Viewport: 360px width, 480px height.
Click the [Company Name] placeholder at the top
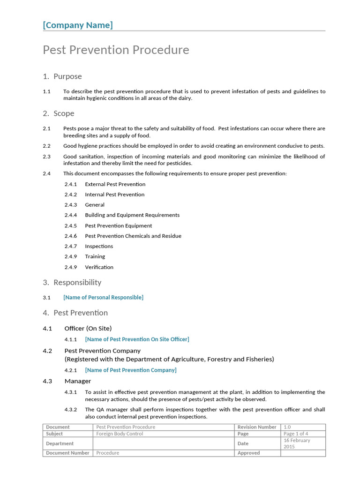click(x=78, y=25)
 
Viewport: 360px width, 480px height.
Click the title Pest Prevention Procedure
click(x=116, y=50)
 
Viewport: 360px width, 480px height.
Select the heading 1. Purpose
click(x=62, y=76)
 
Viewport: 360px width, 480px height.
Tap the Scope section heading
click(x=59, y=113)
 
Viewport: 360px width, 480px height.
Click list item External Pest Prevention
click(x=115, y=184)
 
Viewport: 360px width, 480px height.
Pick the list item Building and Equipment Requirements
click(x=132, y=215)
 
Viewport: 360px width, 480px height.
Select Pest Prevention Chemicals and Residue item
click(x=133, y=236)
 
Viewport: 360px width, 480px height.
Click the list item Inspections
click(x=99, y=246)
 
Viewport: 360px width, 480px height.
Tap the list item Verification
click(x=99, y=267)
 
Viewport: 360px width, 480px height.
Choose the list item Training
click(x=95, y=256)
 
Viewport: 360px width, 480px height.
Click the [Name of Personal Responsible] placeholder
click(x=103, y=297)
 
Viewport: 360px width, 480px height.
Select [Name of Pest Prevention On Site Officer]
click(x=137, y=339)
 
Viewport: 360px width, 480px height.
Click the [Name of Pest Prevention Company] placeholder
click(x=131, y=370)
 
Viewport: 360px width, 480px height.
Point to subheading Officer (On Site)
click(x=88, y=328)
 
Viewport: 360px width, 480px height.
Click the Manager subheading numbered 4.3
click(x=78, y=381)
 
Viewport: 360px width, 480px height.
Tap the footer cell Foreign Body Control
click(x=120, y=434)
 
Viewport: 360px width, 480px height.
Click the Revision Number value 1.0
click(x=287, y=427)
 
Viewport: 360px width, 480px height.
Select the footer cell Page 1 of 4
click(x=295, y=434)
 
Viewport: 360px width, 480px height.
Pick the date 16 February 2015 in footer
click(x=297, y=443)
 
